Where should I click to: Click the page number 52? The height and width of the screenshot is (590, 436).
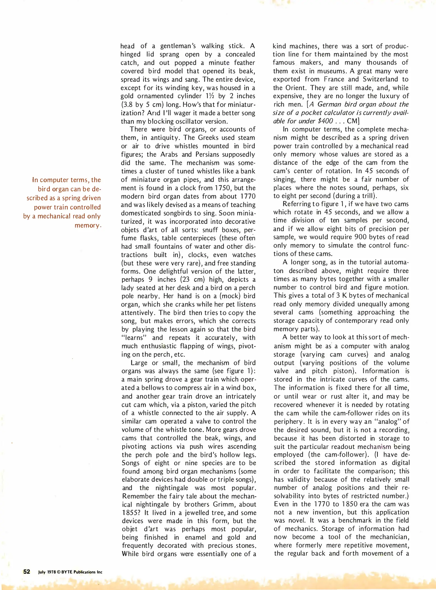coord(26,571)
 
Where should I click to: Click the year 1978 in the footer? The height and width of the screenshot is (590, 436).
coord(51,572)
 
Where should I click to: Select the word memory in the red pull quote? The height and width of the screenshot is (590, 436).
coord(88,225)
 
